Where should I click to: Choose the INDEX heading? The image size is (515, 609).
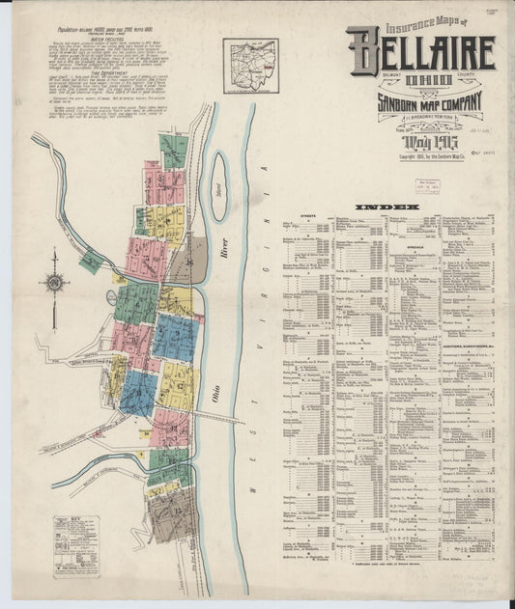point(386,207)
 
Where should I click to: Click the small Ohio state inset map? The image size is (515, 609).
point(250,65)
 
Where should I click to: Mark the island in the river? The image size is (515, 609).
point(219,199)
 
